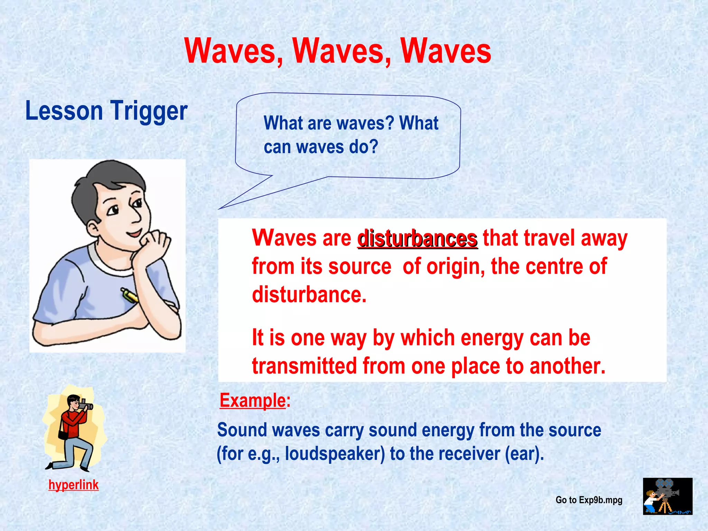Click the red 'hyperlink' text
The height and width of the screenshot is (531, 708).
coord(73,485)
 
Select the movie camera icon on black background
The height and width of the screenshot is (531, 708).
coord(667,496)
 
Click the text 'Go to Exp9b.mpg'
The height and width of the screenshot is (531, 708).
coord(589,500)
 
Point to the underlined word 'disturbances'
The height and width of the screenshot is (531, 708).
coord(418,239)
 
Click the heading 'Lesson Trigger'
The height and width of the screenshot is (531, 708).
coord(106,111)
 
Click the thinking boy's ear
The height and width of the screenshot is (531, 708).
coord(93,229)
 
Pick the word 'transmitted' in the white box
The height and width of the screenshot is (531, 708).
coord(304,366)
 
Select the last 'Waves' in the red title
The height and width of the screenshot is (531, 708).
coord(446,51)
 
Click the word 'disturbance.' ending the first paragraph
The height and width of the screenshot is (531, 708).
coord(309,295)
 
